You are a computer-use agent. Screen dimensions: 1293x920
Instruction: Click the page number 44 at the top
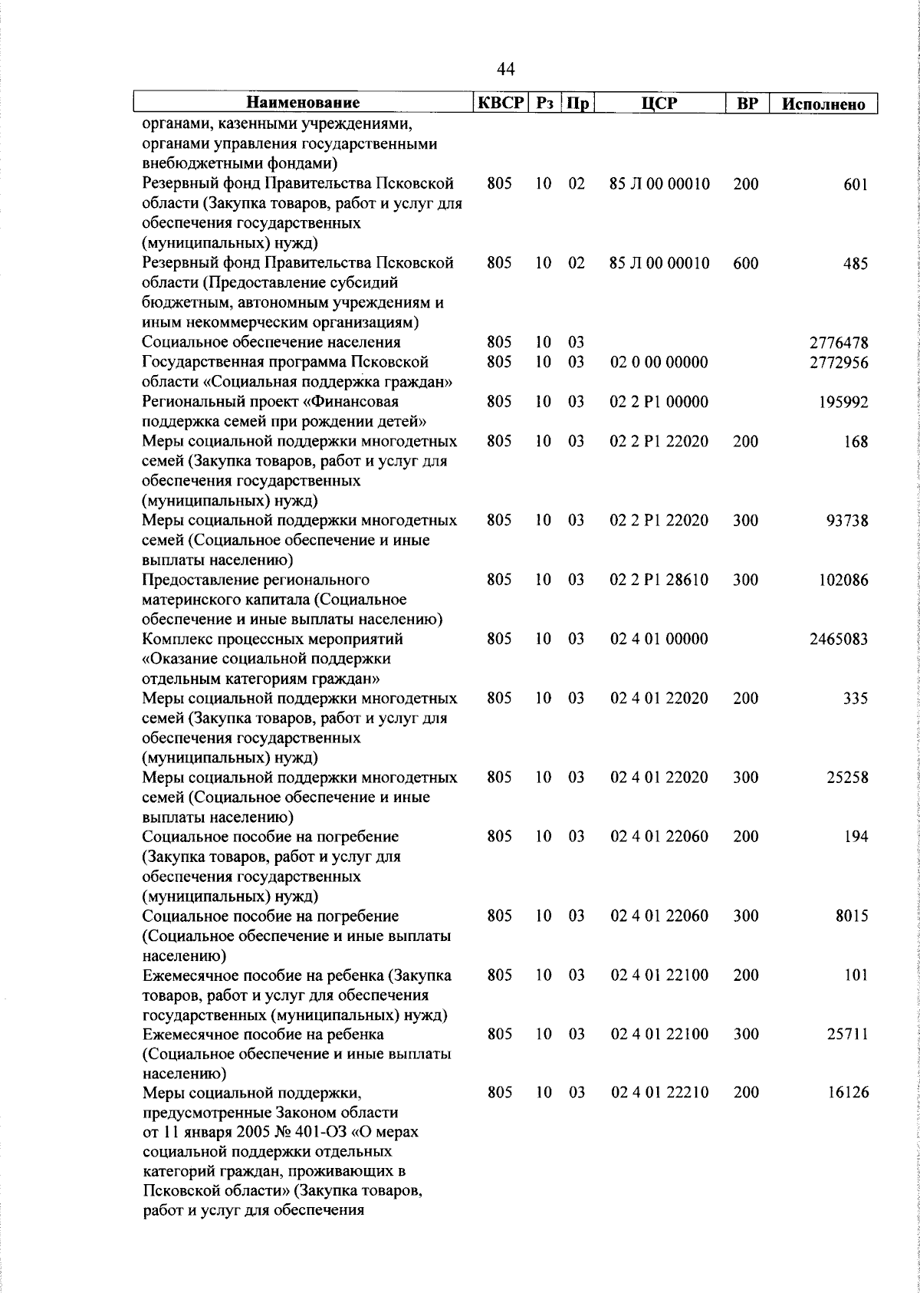[505, 70]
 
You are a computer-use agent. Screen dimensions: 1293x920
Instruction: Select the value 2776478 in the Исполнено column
[839, 343]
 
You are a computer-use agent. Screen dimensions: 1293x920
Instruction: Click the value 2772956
[839, 363]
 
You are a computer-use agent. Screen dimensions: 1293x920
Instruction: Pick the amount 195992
[843, 403]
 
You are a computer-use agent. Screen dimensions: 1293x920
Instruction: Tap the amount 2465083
[839, 640]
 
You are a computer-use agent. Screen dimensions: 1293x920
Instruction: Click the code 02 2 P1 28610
[659, 581]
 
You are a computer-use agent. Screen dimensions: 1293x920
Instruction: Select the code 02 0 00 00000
[659, 362]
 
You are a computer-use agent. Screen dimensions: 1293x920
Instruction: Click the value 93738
[847, 521]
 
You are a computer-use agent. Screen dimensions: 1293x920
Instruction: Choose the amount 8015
[852, 916]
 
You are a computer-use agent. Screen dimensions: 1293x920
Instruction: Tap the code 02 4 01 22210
[659, 1092]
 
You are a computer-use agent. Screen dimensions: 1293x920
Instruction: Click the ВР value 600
[745, 264]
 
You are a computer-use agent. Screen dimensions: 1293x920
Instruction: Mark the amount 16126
[848, 1093]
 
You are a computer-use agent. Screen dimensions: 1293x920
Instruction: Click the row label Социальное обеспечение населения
[271, 343]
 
